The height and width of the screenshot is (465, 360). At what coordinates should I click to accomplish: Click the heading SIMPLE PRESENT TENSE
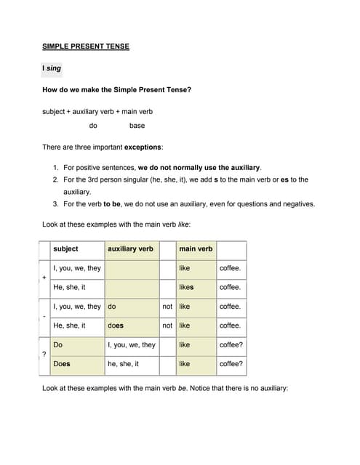click(x=86, y=47)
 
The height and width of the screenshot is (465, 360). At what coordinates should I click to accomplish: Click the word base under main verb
click(x=137, y=126)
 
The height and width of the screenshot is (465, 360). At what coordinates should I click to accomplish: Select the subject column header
click(x=66, y=249)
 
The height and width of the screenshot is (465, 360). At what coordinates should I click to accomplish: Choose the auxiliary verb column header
click(x=130, y=249)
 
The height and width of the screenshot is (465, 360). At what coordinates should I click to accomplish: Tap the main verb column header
click(x=196, y=249)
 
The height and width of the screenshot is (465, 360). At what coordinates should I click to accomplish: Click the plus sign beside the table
click(x=44, y=278)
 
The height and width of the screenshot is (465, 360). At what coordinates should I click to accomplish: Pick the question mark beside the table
click(x=44, y=354)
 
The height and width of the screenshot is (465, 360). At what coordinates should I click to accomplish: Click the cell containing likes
click(x=186, y=288)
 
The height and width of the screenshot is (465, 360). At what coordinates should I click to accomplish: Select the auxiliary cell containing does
click(x=115, y=325)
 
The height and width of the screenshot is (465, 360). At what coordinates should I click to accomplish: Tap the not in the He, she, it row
click(x=167, y=325)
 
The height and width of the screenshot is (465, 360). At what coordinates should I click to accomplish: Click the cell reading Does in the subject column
click(x=61, y=363)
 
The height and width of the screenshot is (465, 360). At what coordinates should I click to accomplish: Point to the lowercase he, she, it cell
click(x=123, y=363)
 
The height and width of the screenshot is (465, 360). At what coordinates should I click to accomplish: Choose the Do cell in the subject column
click(x=58, y=344)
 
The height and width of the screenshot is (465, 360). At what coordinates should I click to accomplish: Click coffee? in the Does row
click(x=231, y=363)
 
